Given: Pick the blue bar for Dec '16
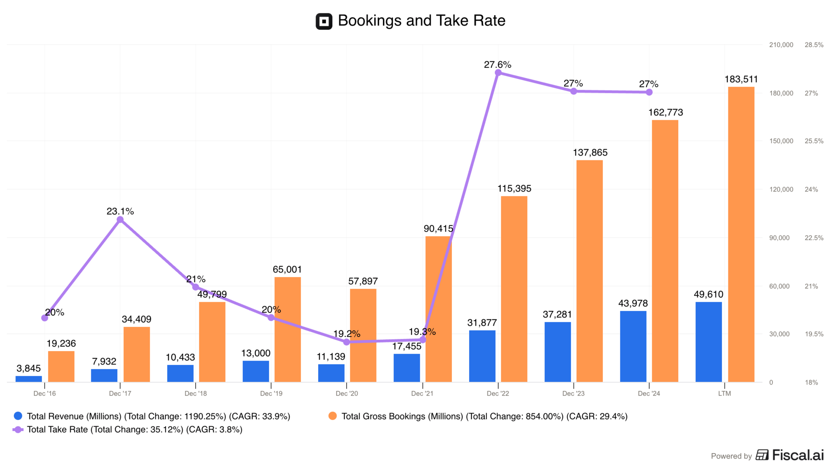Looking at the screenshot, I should click(29, 379).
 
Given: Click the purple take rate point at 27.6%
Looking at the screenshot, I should click(498, 73).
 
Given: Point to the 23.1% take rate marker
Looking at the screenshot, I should click(120, 220).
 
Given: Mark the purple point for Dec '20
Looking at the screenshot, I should click(347, 342).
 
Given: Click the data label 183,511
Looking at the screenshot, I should click(741, 79).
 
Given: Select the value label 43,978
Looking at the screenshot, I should click(633, 303).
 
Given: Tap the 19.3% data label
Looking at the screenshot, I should click(422, 332).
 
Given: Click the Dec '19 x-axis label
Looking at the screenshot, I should click(271, 393).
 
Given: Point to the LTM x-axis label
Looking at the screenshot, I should click(724, 393).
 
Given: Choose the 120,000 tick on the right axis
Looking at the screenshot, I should click(781, 189).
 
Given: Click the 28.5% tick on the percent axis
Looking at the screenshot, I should click(814, 45).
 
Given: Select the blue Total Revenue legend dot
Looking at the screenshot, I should click(18, 416).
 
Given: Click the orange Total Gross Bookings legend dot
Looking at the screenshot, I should click(332, 416).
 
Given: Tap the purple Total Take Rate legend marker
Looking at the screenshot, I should click(18, 429).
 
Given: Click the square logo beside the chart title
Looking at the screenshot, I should click(324, 21).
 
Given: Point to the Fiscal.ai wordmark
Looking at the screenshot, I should click(798, 455).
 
